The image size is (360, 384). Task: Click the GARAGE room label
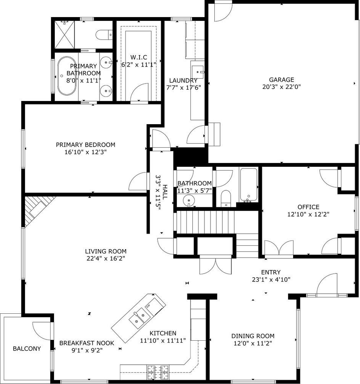(x=281, y=80)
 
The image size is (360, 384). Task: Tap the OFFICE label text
(x=308, y=207)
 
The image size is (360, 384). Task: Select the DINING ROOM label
(x=253, y=336)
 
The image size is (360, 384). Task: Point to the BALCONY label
(x=27, y=349)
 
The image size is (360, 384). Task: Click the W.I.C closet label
(x=139, y=57)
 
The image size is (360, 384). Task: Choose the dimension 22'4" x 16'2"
(x=106, y=258)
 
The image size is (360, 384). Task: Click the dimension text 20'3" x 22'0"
(x=281, y=87)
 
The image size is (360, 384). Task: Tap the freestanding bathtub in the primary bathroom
(x=67, y=76)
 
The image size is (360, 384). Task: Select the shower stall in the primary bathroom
(x=64, y=35)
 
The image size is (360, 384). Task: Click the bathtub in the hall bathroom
(x=249, y=185)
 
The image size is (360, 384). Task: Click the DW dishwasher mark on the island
(x=148, y=306)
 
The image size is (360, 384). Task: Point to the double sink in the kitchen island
(x=140, y=318)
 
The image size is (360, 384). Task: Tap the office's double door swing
(x=279, y=248)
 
